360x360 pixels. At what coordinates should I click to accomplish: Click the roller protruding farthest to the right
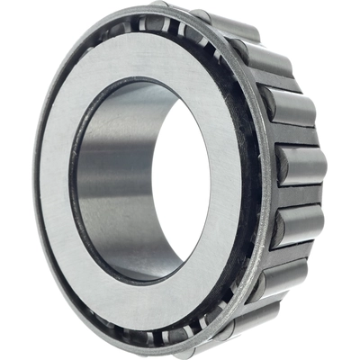pyautogui.click(x=302, y=167)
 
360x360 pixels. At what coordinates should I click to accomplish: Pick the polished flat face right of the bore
pyautogui.click(x=238, y=180)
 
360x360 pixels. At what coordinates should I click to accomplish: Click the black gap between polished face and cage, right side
pyautogui.click(x=255, y=180)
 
